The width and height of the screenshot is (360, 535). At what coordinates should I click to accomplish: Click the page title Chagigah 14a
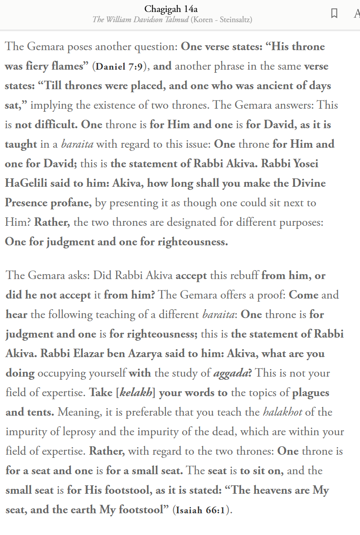pyautogui.click(x=171, y=9)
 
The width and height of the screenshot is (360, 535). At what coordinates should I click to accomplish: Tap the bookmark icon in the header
pyautogui.click(x=334, y=13)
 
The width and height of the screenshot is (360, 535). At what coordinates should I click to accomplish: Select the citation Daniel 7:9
pyautogui.click(x=119, y=67)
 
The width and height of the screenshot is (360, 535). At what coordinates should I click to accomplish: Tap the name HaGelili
pyautogui.click(x=29, y=183)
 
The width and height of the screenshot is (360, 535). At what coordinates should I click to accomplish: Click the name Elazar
pyautogui.click(x=89, y=354)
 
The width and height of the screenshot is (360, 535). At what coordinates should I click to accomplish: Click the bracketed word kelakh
pyautogui.click(x=136, y=393)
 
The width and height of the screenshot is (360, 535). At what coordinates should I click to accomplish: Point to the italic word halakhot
pyautogui.click(x=282, y=412)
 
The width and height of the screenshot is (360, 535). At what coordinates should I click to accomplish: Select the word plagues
pyautogui.click(x=311, y=393)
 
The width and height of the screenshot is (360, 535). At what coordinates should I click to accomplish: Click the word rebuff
pyautogui.click(x=243, y=275)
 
